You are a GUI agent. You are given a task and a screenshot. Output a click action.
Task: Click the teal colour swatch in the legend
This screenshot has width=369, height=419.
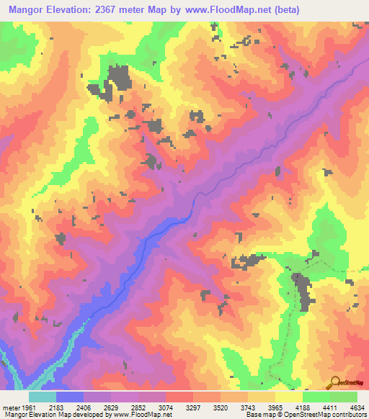(x=42, y=397)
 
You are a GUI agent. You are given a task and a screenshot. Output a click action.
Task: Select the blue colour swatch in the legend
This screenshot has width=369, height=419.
(x=70, y=397)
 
